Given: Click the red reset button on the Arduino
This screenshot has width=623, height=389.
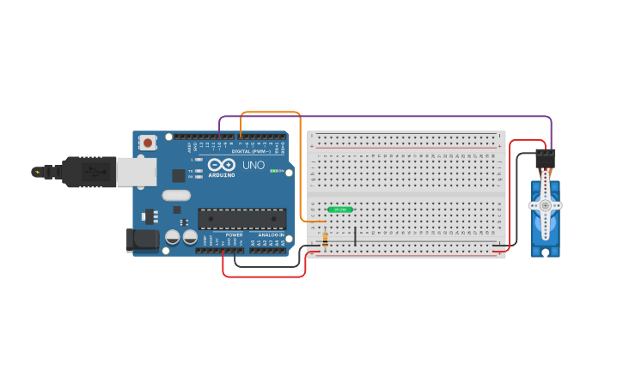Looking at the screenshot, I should coord(148,143).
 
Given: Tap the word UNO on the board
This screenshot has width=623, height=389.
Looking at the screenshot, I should coord(253,165).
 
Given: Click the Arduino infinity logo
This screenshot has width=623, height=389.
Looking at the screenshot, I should coord(221,165).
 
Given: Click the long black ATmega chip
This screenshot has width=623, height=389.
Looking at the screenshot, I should coord(241,219).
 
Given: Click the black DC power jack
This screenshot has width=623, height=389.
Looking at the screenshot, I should coord(142,240).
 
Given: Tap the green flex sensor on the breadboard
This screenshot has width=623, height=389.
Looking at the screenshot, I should coord(340,210).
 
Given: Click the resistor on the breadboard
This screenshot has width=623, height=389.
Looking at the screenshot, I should coord(325,239).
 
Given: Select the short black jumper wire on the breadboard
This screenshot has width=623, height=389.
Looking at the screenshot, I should coord(356,234).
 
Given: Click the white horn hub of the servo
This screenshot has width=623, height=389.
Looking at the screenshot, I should coord(545,206).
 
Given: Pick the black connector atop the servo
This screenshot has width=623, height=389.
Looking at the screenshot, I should coord(545,159).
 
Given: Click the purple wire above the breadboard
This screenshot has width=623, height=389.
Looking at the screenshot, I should coord(387,117).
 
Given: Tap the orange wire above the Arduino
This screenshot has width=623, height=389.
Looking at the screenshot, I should coord(271,112).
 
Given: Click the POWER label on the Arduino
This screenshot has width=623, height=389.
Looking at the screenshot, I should coord(234,234).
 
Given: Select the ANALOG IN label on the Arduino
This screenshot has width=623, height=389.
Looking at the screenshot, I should coord(271,234).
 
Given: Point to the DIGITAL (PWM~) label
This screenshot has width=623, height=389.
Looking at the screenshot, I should coord(251,151).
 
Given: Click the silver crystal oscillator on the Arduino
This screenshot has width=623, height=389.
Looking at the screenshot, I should coord(175,195).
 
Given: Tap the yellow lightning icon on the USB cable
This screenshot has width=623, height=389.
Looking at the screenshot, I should coord(37,172).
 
